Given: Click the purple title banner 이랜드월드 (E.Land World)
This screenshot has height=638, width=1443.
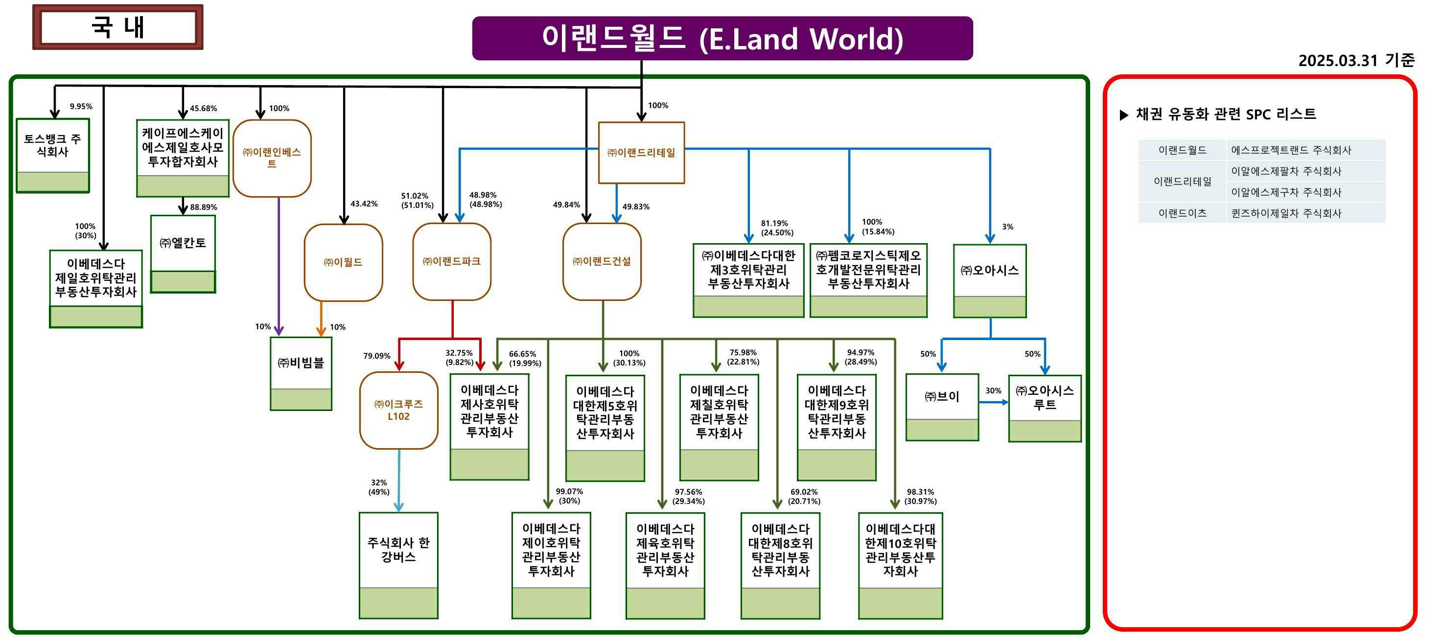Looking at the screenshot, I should coord(722,38).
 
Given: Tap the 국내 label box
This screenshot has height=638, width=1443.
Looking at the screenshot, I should coord(117,27).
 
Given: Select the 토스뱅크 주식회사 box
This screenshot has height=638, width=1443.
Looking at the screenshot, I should coord(53,155).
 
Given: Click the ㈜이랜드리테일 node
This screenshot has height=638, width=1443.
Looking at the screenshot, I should coord(641,152).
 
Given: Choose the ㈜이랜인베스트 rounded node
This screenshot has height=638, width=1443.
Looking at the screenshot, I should coord(272,158).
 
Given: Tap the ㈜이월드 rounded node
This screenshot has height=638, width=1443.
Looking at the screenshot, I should coord(343,262).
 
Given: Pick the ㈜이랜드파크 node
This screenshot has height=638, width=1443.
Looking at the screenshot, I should coord(451,262).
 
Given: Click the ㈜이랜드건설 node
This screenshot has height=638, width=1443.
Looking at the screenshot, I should coord(602,262).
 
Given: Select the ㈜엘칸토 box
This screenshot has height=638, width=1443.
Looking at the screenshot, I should coord(183,252).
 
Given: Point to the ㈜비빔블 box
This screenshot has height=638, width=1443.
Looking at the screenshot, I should coord(301,372).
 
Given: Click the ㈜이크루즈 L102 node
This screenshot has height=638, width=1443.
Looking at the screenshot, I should coord(398,410).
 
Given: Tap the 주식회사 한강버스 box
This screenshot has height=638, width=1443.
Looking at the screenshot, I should coord(398,564).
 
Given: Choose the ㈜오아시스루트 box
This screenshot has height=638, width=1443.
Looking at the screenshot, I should coord(1045,407).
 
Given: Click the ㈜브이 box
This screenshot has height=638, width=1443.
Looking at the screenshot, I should coord(942,406).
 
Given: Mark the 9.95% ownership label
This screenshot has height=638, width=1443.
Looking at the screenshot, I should coord(81,107).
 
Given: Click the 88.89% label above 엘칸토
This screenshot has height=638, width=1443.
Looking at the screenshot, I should coord(203,207).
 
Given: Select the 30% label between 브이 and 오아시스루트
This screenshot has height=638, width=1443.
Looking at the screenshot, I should coord(993,391).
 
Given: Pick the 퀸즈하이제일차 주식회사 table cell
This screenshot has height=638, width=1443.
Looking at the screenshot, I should coord(1286,213).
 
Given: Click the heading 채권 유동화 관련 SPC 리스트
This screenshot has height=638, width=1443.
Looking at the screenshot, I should coord(1226,114).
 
